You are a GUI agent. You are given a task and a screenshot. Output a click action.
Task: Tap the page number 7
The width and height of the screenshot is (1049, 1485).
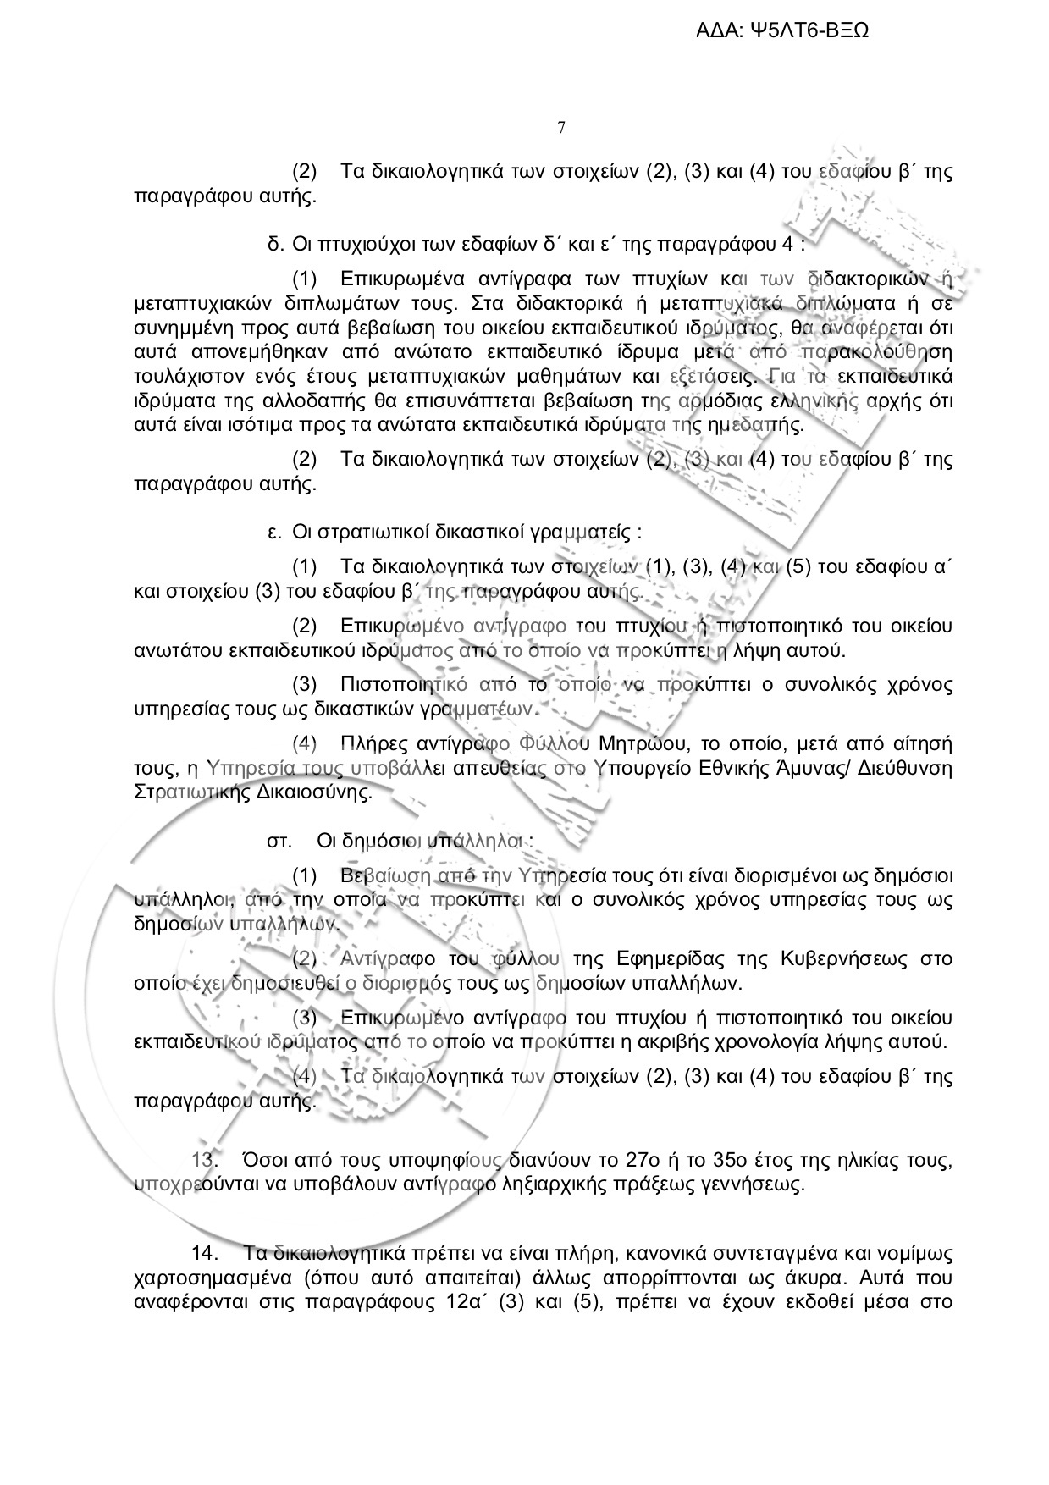click(561, 128)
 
